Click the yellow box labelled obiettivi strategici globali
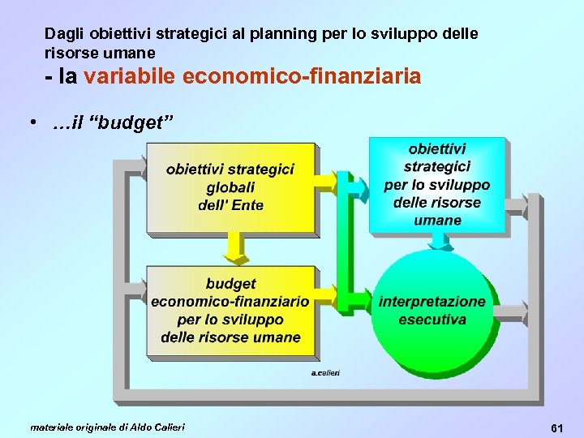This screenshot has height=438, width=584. [x=230, y=187]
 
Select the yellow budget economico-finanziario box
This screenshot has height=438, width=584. [x=230, y=310]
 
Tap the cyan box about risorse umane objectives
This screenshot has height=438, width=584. [x=437, y=185]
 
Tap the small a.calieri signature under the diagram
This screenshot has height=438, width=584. [x=325, y=372]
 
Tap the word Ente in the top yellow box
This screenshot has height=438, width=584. [x=247, y=205]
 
